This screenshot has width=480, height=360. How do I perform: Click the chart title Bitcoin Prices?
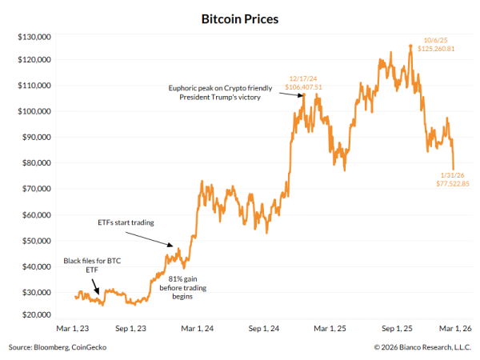(x=240, y=18)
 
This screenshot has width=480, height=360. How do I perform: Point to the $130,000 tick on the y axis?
(x=34, y=37)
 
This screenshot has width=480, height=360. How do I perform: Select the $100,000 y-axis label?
(x=34, y=111)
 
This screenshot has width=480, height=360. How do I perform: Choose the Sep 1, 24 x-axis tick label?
(x=263, y=328)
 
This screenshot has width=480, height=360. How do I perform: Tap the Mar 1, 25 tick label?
(x=329, y=328)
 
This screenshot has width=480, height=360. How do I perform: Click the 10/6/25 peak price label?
(x=437, y=39)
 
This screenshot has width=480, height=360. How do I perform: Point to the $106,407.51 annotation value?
(x=303, y=86)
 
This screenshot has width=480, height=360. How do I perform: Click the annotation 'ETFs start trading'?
(x=125, y=222)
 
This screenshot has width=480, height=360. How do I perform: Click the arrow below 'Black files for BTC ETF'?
(x=94, y=292)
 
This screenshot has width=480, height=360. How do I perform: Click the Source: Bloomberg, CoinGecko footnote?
(x=57, y=347)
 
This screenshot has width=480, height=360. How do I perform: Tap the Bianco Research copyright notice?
(x=422, y=347)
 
